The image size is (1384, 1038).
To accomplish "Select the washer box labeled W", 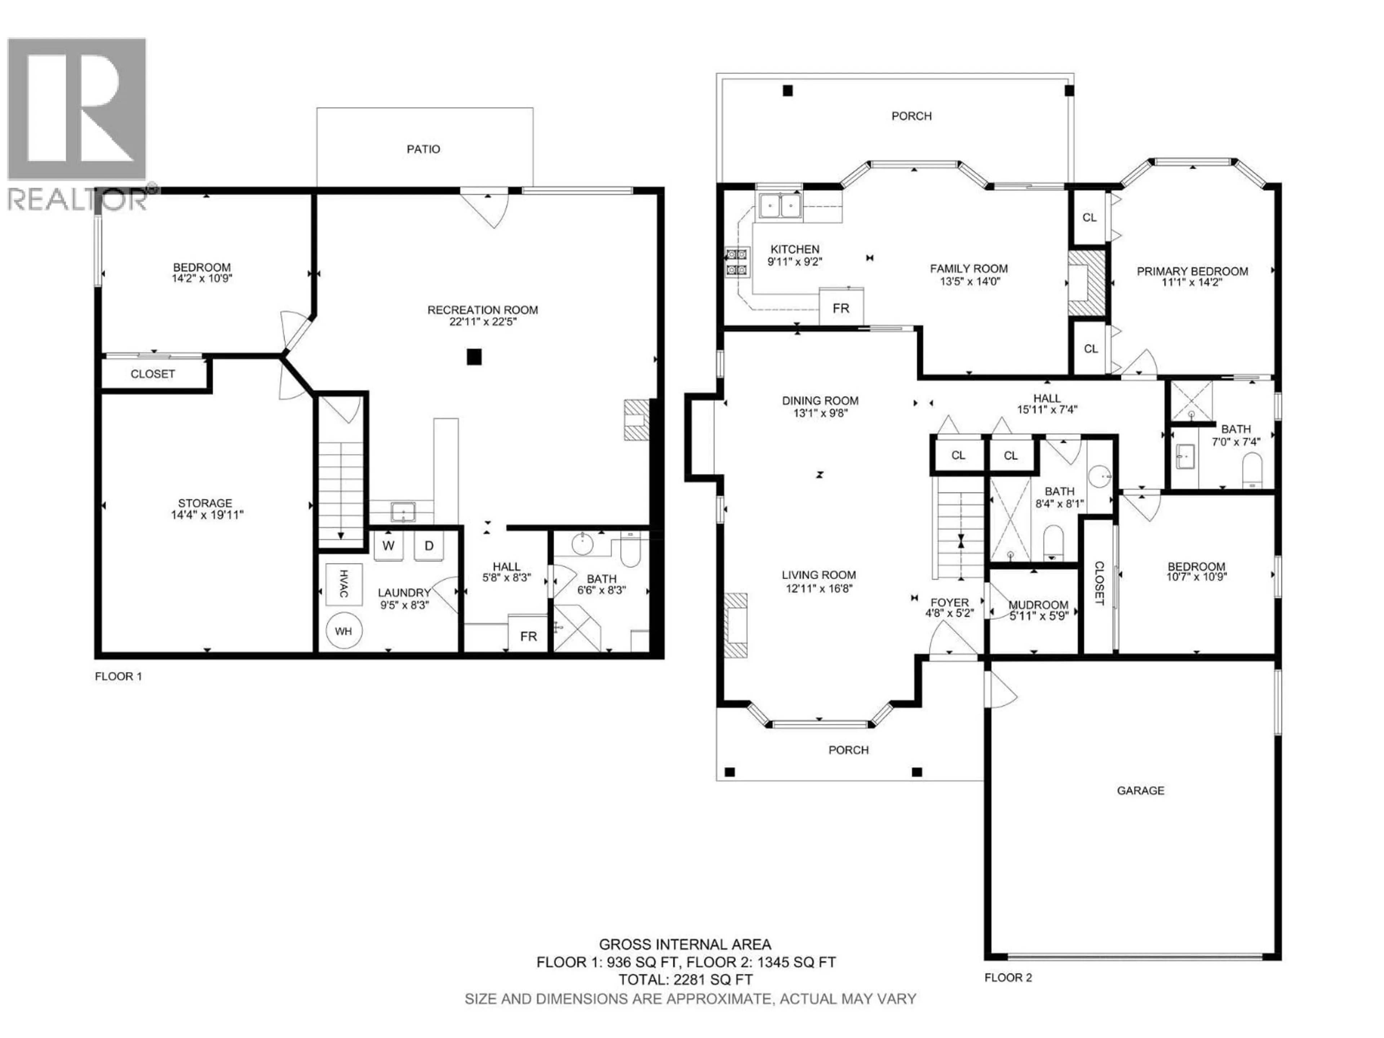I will [389, 546].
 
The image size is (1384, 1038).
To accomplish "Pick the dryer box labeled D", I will [429, 546].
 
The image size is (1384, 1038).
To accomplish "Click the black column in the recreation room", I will [474, 357].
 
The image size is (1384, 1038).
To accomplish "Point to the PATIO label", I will [423, 149].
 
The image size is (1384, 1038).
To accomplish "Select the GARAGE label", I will [1141, 790].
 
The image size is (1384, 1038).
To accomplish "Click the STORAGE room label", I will [205, 503].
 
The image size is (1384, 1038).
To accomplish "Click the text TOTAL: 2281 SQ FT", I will [686, 980].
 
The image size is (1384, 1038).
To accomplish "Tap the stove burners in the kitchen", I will [736, 262].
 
